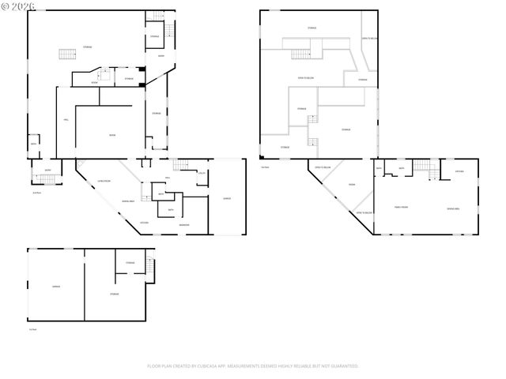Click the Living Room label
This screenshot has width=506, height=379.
tap(103, 182)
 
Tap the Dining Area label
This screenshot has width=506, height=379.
tap(127, 201)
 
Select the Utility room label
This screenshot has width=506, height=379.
tap(202, 173)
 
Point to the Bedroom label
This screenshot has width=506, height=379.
tap(183, 226)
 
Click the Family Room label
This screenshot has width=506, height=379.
tap(401, 207)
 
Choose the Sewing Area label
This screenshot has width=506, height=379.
tap(454, 207)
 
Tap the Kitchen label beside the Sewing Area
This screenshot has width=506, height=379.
tap(459, 171)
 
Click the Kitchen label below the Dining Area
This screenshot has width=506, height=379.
tap(144, 223)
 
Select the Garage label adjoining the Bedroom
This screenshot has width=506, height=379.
tap(227, 198)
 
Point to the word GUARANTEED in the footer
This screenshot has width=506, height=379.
tap(343, 366)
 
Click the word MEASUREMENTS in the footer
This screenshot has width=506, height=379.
tap(245, 366)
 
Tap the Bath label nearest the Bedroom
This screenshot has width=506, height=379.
tap(170, 210)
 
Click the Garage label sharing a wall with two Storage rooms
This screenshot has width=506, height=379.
tap(56, 286)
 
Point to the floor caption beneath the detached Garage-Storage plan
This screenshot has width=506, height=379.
tap(32, 329)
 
